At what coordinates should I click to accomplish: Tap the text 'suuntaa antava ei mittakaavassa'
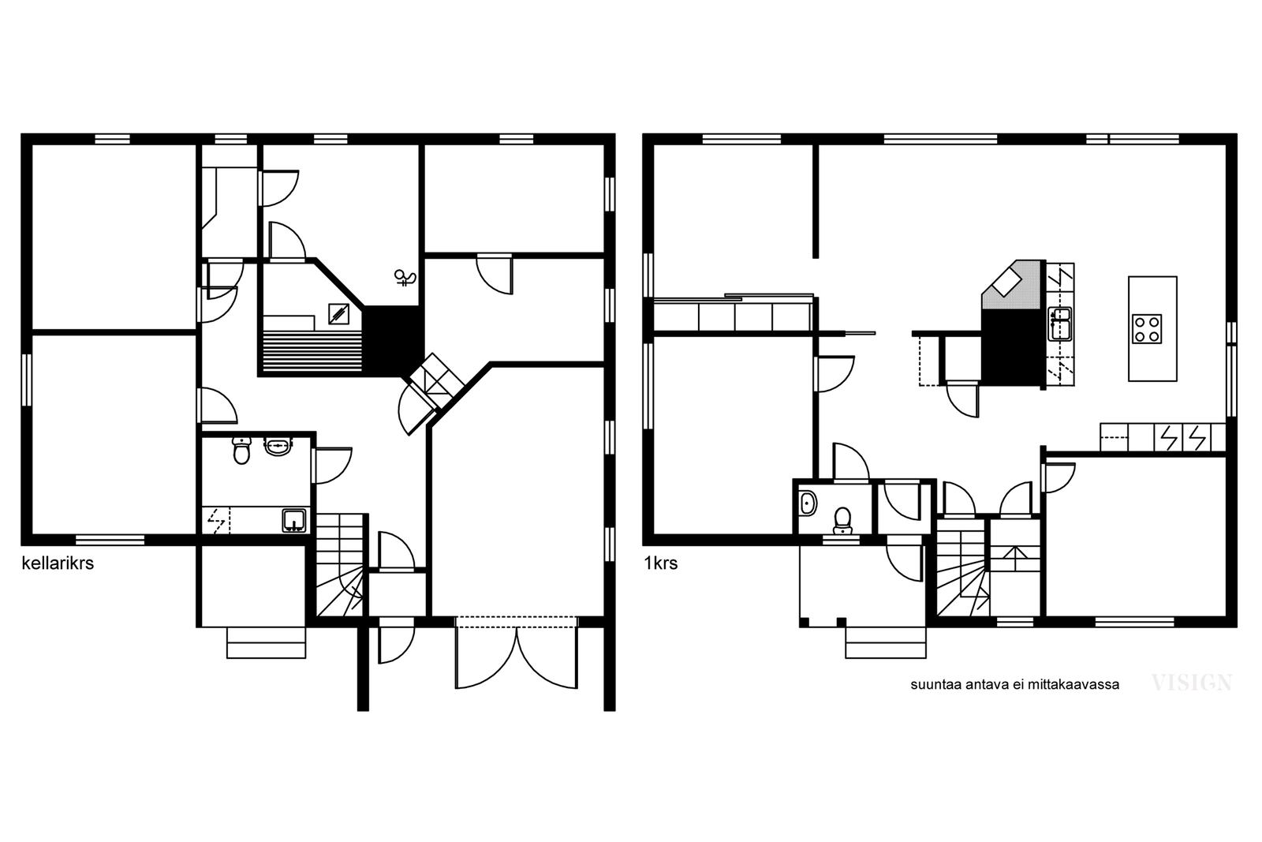pyautogui.click(x=1014, y=685)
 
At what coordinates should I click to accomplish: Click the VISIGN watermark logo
pyautogui.click(x=1192, y=683)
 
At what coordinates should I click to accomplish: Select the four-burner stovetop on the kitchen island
pyautogui.click(x=1147, y=329)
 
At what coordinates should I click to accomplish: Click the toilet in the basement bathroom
pyautogui.click(x=241, y=451)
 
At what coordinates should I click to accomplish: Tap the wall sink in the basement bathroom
pyautogui.click(x=278, y=447)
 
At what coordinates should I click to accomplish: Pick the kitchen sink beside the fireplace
pyautogui.click(x=1060, y=324)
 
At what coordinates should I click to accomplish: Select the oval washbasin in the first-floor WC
pyautogui.click(x=808, y=503)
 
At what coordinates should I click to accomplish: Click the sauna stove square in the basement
pyautogui.click(x=338, y=314)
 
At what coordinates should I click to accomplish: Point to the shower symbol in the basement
pyautogui.click(x=405, y=278)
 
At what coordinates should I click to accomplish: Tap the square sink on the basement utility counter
pyautogui.click(x=294, y=521)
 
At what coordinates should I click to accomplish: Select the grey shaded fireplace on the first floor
pyautogui.click(x=1011, y=285)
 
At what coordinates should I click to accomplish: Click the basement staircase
pyautogui.click(x=340, y=565)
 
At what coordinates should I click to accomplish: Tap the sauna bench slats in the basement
pyautogui.click(x=312, y=351)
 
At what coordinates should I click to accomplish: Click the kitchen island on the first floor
pyautogui.click(x=1152, y=328)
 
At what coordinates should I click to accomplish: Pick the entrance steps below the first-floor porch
pyautogui.click(x=885, y=642)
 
